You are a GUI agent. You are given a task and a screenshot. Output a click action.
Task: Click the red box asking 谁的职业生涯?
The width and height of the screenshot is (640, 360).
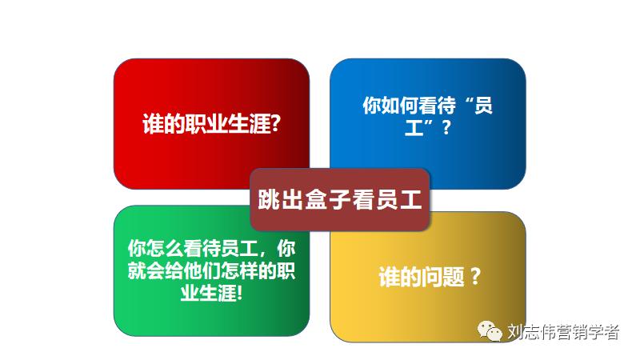coord(184,96)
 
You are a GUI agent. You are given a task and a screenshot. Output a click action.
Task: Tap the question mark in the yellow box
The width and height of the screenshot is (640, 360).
coord(475,277)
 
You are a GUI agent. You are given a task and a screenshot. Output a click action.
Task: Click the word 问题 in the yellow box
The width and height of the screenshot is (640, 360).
coord(435,277)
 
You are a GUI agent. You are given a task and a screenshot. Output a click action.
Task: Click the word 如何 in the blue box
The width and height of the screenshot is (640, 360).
coord(402,105)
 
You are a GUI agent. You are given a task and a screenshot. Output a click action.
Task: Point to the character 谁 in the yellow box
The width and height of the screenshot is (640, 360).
coord(389,277)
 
